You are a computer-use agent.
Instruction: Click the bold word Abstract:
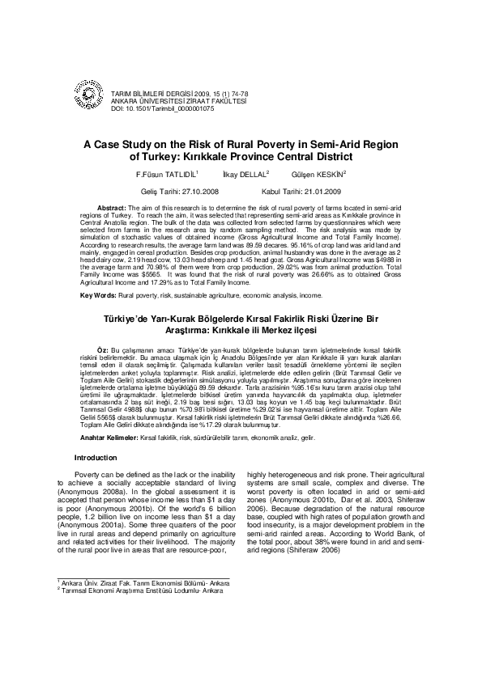pos(111,209)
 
